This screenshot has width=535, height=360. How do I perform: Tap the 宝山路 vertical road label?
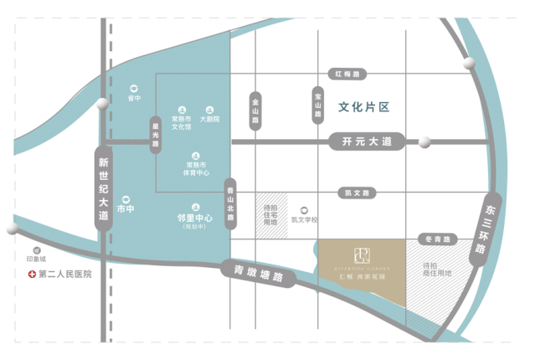(318, 105)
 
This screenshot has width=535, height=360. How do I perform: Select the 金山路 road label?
(256, 110)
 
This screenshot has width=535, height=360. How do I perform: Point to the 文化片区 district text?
(365, 107)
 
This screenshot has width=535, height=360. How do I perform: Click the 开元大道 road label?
(367, 142)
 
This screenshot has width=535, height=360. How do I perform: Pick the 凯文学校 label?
(305, 219)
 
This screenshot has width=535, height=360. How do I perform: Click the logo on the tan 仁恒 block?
(362, 253)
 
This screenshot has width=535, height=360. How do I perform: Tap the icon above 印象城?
(36, 249)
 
